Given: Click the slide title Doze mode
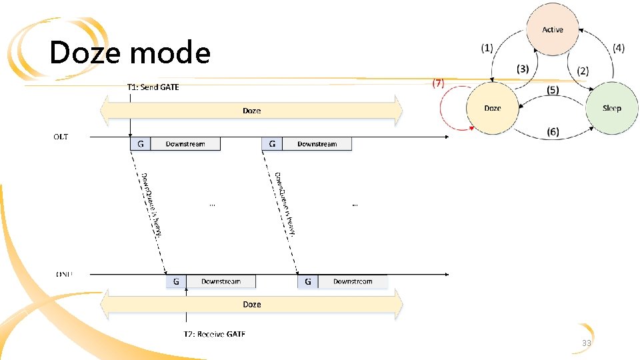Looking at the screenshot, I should (130, 53).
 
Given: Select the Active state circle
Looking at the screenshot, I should (553, 30).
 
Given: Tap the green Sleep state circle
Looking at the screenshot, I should (611, 108).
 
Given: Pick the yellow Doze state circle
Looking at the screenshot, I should (493, 108).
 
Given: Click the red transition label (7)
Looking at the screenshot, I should (438, 83).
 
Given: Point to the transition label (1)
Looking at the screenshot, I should (487, 48).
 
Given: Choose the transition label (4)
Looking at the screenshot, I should (619, 48).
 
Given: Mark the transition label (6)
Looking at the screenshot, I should (553, 131).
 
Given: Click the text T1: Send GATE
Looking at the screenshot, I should (153, 87).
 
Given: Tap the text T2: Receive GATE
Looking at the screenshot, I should (215, 333).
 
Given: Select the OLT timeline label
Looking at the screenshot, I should (61, 137).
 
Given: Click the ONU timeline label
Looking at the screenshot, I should (64, 273).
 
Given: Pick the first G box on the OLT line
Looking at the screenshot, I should (140, 144).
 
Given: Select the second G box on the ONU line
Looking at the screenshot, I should (308, 282).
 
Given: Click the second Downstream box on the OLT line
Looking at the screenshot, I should (317, 144).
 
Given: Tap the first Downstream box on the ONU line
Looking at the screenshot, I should (221, 282).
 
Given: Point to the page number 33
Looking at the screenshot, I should (587, 343).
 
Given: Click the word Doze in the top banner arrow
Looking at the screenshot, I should (251, 111).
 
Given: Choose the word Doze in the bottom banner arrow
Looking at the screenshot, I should (251, 304).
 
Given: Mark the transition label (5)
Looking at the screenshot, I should (553, 89).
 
